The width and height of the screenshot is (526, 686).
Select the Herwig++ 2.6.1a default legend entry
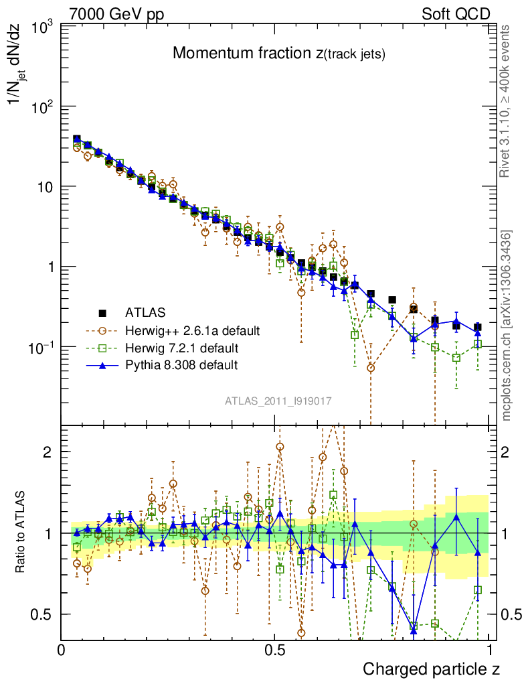[191, 330]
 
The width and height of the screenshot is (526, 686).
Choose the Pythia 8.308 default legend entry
[181, 366]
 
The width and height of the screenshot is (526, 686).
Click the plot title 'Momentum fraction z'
[278, 54]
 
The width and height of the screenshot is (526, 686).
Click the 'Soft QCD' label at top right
[456, 14]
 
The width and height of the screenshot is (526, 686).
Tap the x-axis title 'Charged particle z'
[431, 669]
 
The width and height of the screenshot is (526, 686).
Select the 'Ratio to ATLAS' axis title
[21, 533]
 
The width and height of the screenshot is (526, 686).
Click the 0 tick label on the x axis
[62, 651]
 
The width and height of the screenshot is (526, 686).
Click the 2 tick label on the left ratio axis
[48, 452]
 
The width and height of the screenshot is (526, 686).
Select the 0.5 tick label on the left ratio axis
[43, 614]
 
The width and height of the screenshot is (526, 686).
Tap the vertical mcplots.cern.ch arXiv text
[507, 326]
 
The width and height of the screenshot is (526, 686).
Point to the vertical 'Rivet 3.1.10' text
[507, 102]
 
